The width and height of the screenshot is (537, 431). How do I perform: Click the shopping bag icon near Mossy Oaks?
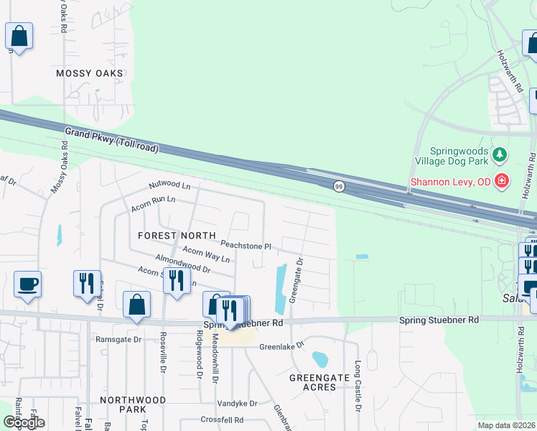(x=19, y=36)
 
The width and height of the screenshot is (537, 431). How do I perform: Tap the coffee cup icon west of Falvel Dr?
(x=27, y=284)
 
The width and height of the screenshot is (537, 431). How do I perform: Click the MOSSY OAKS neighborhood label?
(x=90, y=73)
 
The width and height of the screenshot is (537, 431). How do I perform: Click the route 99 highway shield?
(x=337, y=186)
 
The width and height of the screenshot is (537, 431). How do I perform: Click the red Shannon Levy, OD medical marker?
(x=503, y=180)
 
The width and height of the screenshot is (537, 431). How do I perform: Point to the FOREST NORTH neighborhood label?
(x=177, y=236)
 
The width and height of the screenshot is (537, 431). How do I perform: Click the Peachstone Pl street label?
(x=246, y=246)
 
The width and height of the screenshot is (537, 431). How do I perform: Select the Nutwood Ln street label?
(x=169, y=185)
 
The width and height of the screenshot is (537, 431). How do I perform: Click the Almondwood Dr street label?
(x=182, y=264)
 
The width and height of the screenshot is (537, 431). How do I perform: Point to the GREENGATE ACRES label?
(x=313, y=381)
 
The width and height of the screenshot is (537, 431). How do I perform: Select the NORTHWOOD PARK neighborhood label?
(x=133, y=404)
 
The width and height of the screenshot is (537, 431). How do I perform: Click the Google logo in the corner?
(x=24, y=422)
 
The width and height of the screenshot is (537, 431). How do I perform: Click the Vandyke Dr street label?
(x=237, y=404)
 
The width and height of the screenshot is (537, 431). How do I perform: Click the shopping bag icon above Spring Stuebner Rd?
(x=136, y=304)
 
